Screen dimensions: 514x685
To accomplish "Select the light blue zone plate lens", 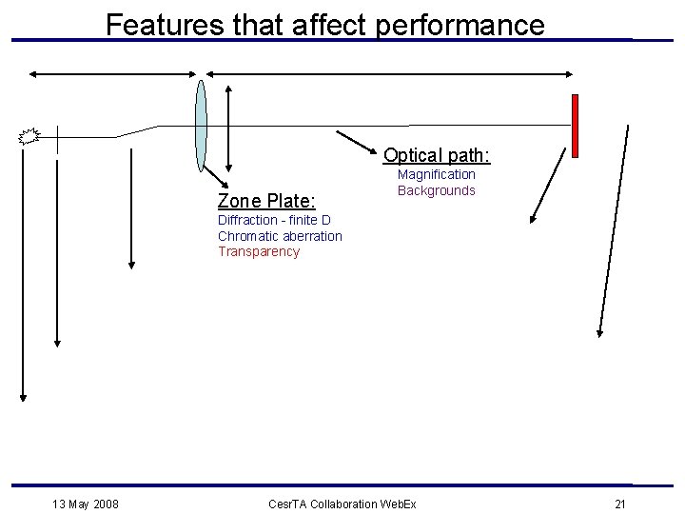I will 201,125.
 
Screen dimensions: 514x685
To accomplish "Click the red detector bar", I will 575,125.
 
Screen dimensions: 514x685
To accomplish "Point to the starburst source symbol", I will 29,136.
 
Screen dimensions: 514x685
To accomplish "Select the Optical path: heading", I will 437,155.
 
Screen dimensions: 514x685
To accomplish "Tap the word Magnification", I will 437,174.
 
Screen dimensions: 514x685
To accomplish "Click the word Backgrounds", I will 437,190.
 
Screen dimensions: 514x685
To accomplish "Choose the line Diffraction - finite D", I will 274,221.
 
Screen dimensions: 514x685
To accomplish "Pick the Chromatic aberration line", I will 280,236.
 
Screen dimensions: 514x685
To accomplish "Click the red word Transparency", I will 259,251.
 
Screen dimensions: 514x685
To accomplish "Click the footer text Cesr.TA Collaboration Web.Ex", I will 342,503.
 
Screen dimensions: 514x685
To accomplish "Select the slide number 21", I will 620,503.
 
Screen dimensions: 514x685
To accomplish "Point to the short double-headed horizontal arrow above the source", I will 113,73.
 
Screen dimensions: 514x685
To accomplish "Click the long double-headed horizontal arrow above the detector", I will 390,73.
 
